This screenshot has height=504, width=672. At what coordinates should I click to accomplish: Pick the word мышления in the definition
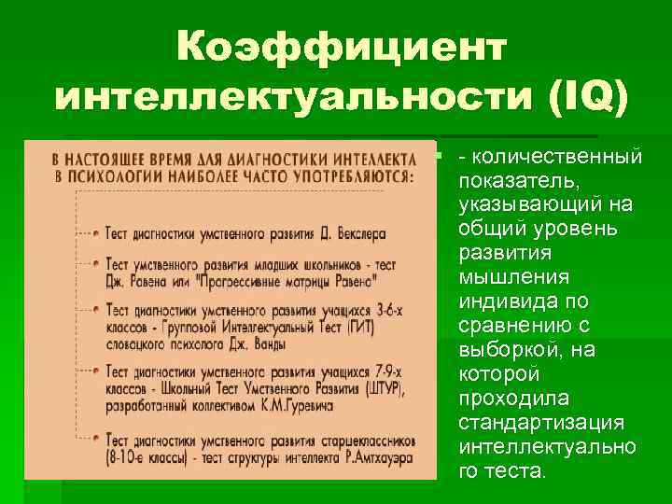pyautogui.click(x=506, y=276)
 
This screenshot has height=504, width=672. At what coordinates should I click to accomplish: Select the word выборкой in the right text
pyautogui.click(x=501, y=349)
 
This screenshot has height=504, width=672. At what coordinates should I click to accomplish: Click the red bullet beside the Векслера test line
pyautogui.click(x=95, y=231)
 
